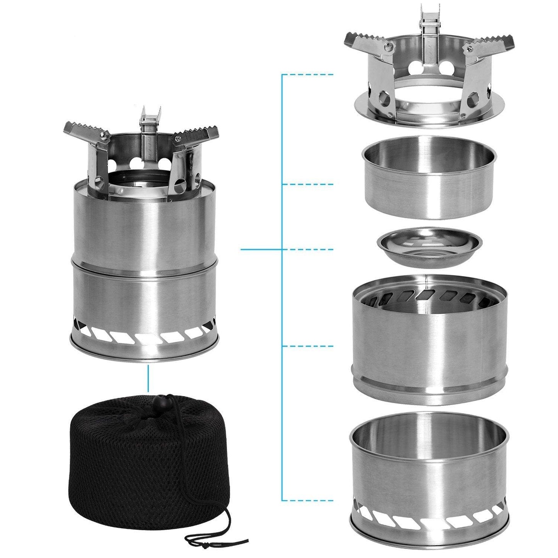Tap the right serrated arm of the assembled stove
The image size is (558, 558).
(x=199, y=135)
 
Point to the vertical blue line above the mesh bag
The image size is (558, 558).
(x=148, y=379)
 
